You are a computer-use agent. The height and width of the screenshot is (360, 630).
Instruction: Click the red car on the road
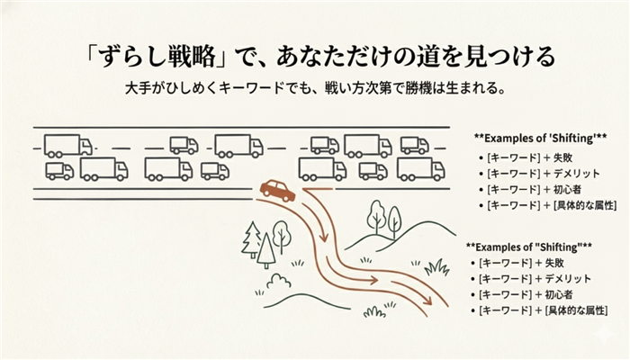pos(277,190)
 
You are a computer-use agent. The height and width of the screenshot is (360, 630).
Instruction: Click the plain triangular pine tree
pos(266,249)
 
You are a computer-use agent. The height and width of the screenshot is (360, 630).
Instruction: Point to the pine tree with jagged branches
pos(251,239)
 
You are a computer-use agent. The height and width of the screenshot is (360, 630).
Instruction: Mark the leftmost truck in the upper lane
pos(67,145)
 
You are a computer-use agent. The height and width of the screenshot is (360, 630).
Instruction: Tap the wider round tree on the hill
pos(375,215)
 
